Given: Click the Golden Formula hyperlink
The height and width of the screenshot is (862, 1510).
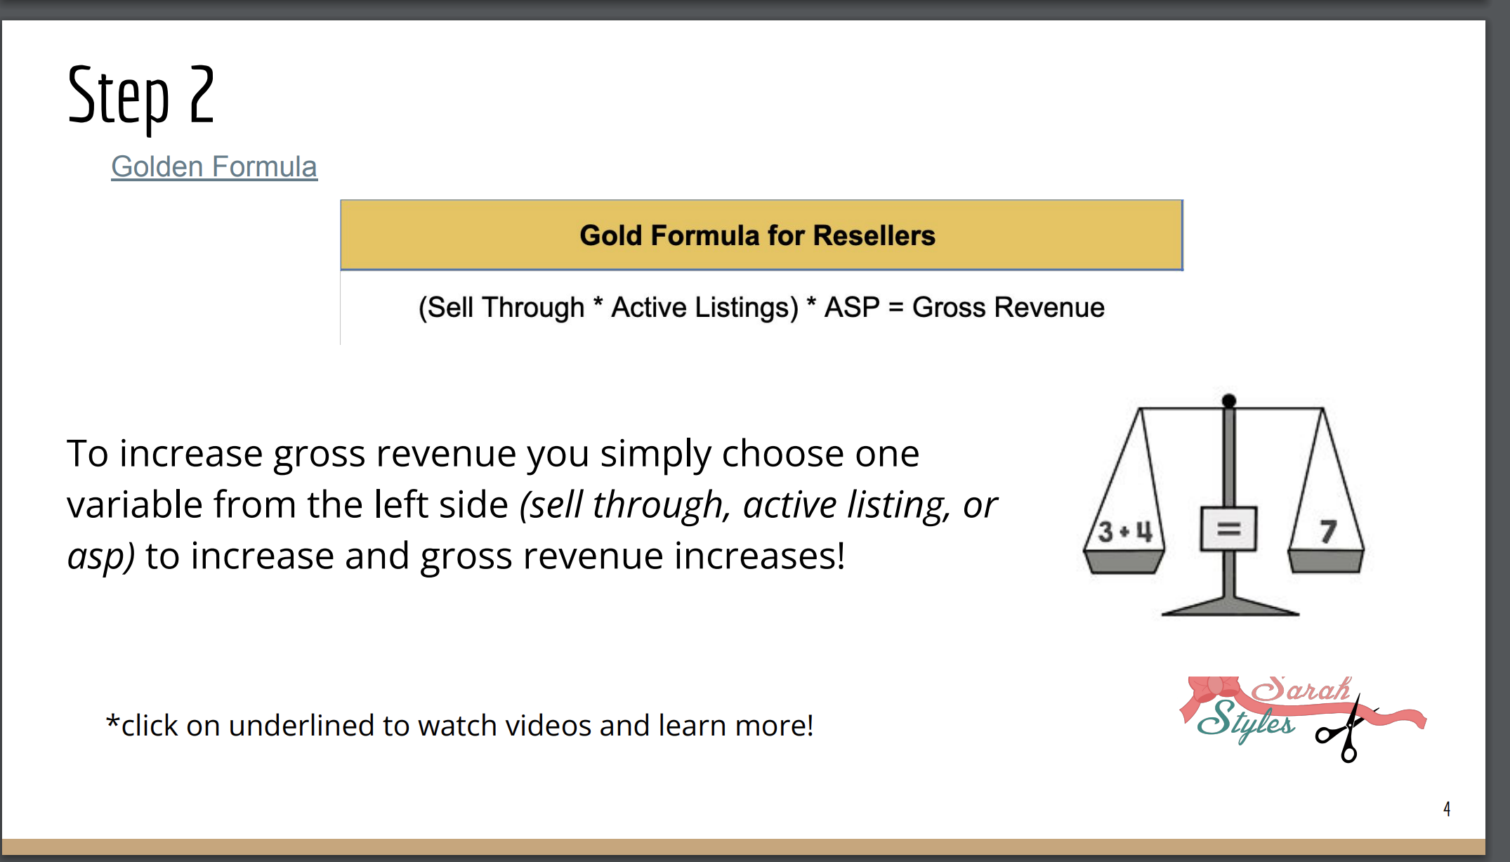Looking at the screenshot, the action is tap(214, 167).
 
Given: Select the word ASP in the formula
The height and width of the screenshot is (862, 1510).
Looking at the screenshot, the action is tap(851, 307).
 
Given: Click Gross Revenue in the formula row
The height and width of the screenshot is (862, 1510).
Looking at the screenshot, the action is tap(1009, 307).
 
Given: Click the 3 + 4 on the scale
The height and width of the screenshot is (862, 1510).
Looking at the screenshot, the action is tap(1125, 532).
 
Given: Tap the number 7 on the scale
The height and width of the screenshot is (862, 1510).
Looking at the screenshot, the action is tap(1327, 532).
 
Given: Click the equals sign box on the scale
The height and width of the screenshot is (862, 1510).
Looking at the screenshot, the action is tap(1228, 528).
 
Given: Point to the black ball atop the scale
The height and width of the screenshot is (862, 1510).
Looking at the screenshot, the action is tap(1229, 401).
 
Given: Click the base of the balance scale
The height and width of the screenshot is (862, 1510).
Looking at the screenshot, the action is tap(1230, 606).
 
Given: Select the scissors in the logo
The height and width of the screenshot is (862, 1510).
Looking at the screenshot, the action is tap(1346, 731).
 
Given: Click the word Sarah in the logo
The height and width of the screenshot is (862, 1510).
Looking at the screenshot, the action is tap(1301, 689).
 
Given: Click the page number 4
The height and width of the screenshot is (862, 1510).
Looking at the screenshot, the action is tap(1447, 809).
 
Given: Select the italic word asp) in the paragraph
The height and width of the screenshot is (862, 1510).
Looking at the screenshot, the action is tap(101, 556).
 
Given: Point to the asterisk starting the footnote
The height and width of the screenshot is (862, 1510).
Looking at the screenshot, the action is tap(112, 721).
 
